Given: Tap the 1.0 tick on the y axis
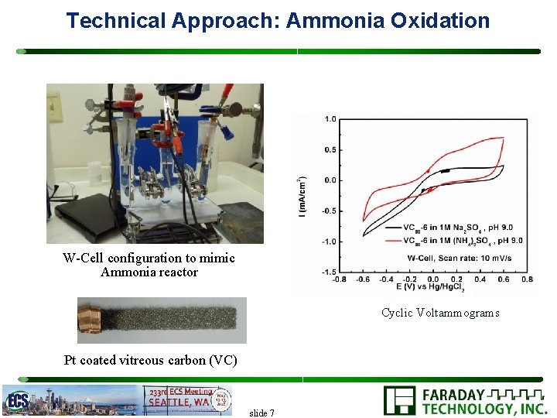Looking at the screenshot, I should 330,119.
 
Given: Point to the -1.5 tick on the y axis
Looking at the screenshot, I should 329,272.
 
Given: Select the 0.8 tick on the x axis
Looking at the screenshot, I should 527,279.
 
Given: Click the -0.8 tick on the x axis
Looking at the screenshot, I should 340,279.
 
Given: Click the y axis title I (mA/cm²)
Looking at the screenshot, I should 301,196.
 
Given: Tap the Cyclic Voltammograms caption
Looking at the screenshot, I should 440,313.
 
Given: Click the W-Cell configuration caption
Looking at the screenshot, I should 149,265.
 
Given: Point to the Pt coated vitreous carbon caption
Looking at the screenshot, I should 151,360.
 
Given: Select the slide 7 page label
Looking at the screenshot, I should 261,413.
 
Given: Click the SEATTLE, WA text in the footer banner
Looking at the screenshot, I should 179,402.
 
